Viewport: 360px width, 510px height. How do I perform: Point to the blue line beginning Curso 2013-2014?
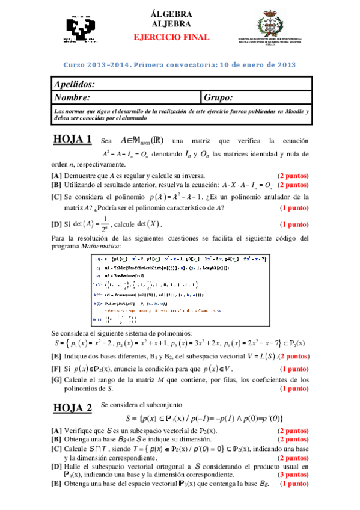point(180,65)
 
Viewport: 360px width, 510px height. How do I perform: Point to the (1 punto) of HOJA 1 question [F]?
point(294,369)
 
